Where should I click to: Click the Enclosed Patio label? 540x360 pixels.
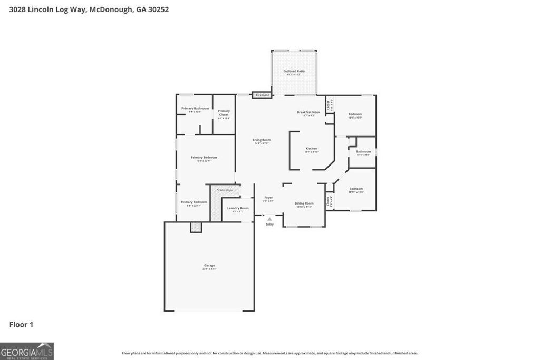coord(294,71)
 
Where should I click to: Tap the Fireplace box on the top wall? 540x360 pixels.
coord(262,95)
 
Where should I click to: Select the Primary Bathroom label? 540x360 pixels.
coord(195,109)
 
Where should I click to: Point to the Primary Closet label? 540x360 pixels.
coord(224,112)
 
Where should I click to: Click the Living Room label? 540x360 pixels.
coord(262,140)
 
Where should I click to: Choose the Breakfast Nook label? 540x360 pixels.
coord(308,112)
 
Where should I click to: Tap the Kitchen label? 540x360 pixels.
coord(312,149)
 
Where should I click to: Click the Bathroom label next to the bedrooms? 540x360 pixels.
coord(363,152)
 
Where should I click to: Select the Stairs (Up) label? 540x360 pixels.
coord(225,190)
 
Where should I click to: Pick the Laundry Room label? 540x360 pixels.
coord(238,208)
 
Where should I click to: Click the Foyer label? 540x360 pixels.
coord(268,198)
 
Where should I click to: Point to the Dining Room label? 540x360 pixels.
coord(304,203)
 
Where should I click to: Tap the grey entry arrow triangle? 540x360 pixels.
coord(269,218)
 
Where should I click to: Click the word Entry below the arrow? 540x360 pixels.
coord(269,225)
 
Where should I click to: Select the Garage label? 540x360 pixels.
coord(209,266)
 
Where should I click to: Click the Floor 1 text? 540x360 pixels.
coord(21,325)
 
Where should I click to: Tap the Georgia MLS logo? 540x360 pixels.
coord(27,351)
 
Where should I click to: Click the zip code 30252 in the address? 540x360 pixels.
coord(158,9)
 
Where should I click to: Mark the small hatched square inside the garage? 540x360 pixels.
coord(196,227)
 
